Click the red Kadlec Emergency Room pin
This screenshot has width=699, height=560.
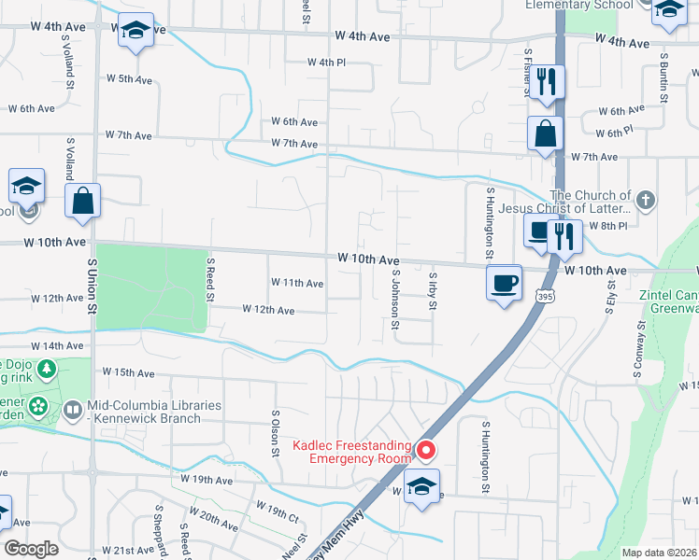pos(427,452)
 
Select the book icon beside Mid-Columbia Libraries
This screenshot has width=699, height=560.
pos(74,409)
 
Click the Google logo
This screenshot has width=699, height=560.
pos(30,549)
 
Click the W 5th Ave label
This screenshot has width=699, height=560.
pos(129,80)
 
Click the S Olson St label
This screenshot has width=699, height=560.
pos(275,432)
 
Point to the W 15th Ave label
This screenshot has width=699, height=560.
pos(129,373)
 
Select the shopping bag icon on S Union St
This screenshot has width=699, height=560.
pos(83,200)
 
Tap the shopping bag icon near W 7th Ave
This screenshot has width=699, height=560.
pos(545,133)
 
